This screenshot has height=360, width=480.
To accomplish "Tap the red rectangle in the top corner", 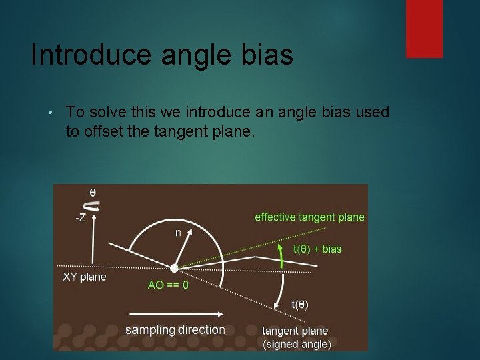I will tap(424, 28).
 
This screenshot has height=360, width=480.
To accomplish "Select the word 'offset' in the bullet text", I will tap(101, 131).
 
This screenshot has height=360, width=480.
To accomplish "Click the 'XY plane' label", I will tap(85, 277).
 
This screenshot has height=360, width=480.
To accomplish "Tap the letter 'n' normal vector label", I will tap(178, 233).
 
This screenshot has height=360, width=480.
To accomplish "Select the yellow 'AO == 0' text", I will tap(168, 284).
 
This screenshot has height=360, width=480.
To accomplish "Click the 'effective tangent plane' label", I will tap(309, 217).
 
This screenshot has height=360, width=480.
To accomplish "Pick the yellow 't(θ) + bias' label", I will tap(317, 249).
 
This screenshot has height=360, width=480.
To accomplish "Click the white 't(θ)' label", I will tap(300, 304).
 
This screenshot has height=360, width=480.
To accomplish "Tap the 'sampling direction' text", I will tap(175, 329).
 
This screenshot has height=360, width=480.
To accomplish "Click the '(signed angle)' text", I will tap(297, 344).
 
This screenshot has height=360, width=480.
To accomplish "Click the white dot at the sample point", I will tap(174, 268).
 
